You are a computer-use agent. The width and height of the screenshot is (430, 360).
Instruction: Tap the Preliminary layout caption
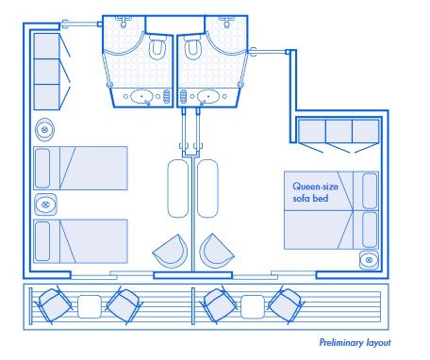355,342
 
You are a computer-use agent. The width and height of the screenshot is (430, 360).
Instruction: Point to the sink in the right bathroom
207,95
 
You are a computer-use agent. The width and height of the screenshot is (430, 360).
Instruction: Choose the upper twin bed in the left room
80,168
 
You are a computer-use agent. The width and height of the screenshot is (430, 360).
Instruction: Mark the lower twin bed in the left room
80,240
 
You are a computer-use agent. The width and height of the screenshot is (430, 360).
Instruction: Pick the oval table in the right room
207,188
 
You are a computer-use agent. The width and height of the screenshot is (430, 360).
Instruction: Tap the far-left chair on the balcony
54,304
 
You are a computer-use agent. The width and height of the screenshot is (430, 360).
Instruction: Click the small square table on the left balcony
89,305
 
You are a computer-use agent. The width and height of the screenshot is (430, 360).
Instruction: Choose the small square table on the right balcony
251,305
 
